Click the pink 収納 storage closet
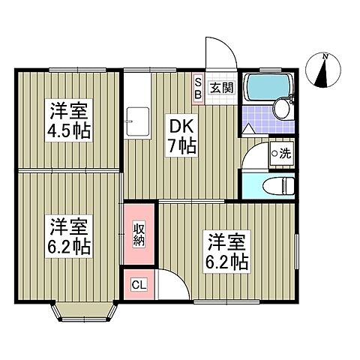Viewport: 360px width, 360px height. point(139,235)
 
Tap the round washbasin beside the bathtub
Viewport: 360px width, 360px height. point(282,109)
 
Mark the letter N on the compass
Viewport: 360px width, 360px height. point(325,57)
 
